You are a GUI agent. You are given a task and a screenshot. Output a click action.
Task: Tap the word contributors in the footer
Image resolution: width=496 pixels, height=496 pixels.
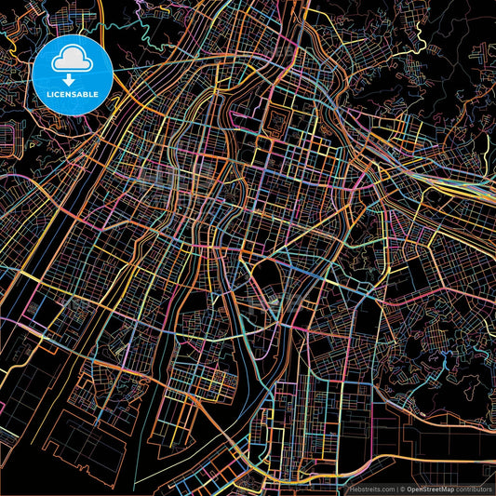tap(476, 489)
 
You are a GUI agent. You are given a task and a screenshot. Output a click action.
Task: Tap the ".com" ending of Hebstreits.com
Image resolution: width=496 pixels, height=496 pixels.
tap(384, 489)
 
